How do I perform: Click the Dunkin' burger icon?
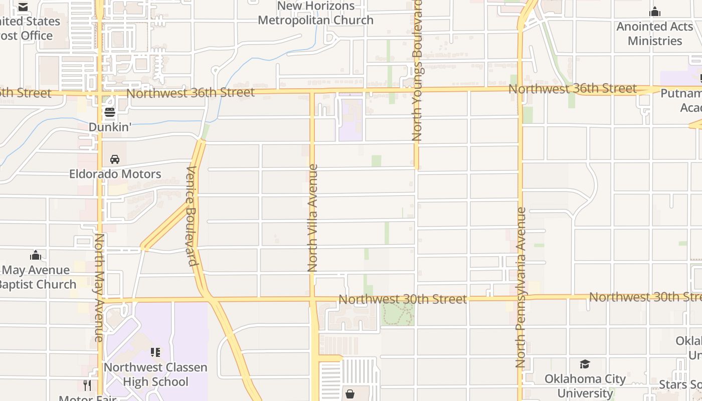pyautogui.click(x=109, y=112)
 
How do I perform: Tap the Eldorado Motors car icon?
pyautogui.click(x=115, y=159)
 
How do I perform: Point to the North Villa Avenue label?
pyautogui.click(x=312, y=218)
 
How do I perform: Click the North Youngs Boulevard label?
pyautogui.click(x=417, y=70)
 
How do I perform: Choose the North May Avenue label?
pyautogui.click(x=99, y=288)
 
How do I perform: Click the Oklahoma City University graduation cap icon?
pyautogui.click(x=585, y=364)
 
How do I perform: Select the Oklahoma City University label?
pyautogui.click(x=585, y=386)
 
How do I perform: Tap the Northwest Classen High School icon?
pyautogui.click(x=155, y=352)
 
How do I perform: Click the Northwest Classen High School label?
pyautogui.click(x=155, y=374)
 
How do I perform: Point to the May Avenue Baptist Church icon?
pyautogui.click(x=36, y=256)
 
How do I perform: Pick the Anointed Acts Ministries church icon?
pyautogui.click(x=655, y=12)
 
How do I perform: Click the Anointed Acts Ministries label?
pyautogui.click(x=655, y=34)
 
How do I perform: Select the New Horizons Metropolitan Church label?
pyautogui.click(x=316, y=13)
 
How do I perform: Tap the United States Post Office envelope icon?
pyautogui.click(x=23, y=7)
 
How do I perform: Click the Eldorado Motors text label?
pyautogui.click(x=115, y=174)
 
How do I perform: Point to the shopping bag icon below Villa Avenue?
pyautogui.click(x=350, y=394)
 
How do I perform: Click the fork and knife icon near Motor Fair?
pyautogui.click(x=87, y=385)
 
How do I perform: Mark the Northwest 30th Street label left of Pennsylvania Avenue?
pyautogui.click(x=403, y=299)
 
